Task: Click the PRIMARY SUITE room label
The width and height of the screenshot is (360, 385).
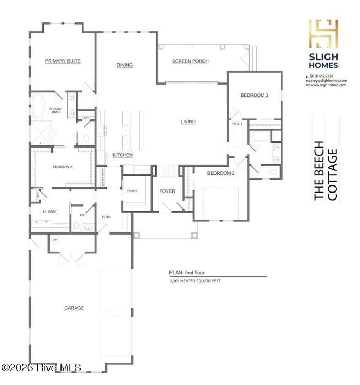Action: [x=63, y=61]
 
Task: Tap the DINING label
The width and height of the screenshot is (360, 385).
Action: [x=124, y=65]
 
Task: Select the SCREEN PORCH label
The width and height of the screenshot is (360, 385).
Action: [x=190, y=61]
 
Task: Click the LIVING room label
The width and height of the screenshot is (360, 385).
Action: [x=188, y=122]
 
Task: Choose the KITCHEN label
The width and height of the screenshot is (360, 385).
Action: [x=122, y=155]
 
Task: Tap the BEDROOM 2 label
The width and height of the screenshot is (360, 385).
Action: [x=220, y=173]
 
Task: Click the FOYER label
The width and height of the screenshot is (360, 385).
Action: [x=167, y=191]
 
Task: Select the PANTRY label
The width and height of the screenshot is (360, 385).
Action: [x=132, y=191]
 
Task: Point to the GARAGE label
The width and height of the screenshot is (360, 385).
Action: [x=74, y=308]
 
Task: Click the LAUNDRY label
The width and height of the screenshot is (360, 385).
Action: [x=50, y=212]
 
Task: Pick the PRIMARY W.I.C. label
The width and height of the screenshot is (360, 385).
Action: [x=63, y=167]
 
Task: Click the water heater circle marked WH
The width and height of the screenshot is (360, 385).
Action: [x=55, y=240]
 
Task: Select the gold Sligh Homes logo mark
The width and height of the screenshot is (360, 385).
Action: [x=323, y=34]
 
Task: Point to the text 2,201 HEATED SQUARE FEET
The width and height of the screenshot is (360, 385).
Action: [x=195, y=281]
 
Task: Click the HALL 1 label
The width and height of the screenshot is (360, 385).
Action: [x=237, y=124]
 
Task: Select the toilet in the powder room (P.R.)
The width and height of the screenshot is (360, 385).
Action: [x=76, y=225]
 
